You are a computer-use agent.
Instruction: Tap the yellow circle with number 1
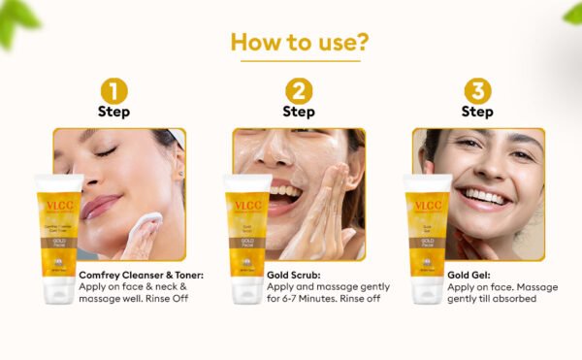[114, 91]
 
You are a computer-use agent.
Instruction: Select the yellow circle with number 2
[299, 91]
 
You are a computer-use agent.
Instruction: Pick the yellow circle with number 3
[477, 91]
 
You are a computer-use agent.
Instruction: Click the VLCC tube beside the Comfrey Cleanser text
[57, 238]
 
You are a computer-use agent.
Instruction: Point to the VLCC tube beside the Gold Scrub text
[246, 238]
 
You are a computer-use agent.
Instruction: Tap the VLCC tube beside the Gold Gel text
[427, 238]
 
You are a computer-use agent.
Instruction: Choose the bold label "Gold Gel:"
[470, 275]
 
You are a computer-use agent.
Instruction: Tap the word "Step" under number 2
[299, 112]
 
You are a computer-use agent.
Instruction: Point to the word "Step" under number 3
[477, 112]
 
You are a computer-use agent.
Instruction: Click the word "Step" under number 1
[114, 112]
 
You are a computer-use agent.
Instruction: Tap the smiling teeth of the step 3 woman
[482, 198]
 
